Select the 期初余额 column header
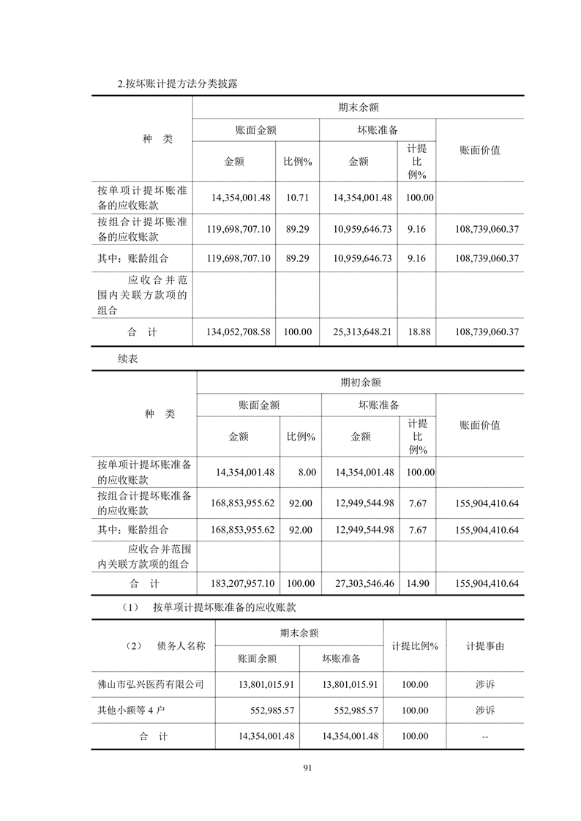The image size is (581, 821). [360, 382]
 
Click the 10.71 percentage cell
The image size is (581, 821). [297, 198]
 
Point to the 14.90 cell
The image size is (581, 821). [420, 584]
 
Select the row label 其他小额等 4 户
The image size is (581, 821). [133, 711]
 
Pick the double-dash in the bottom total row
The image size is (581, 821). [484, 736]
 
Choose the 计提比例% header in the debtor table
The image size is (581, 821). [414, 647]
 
